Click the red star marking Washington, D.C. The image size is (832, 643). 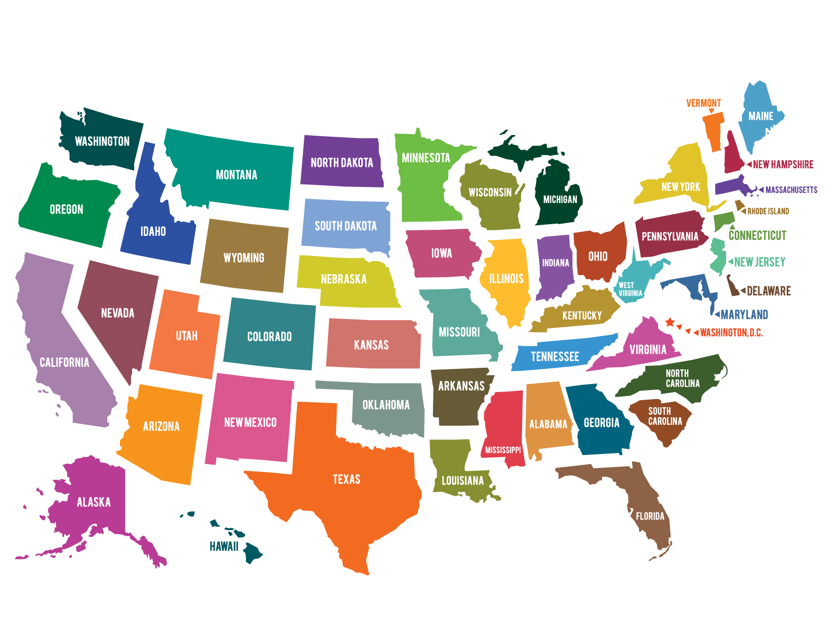pos(670,322)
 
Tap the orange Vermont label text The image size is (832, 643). pos(703,103)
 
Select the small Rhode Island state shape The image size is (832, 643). pos(739,205)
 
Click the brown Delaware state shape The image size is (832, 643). pos(732,287)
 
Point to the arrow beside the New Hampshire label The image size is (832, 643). pos(749,164)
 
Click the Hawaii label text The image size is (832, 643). pos(224,546)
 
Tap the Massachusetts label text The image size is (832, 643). pos(791,190)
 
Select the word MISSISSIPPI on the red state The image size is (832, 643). pos(502,450)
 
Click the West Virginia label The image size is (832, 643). pos(630,289)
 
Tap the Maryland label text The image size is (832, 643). pos(744,315)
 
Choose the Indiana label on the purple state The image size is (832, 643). pos(555,263)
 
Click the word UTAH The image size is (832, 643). pos(186,336)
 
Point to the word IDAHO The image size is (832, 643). pos(153,232)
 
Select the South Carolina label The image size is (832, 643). pos(665,416)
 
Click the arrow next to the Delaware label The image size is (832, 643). pos(742,291)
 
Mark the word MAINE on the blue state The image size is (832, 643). pos(760,116)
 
